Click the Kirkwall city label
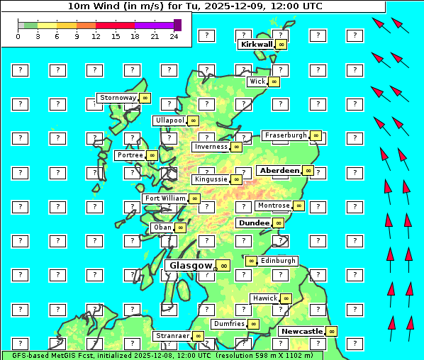pos(256,44)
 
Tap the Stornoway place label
pos(118,97)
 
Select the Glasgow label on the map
pos(191,265)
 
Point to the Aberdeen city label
pos(279,171)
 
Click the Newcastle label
pos(301,331)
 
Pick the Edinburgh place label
pos(278,261)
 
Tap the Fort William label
pos(165,198)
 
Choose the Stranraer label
pos(172,335)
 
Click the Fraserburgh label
pos(286,135)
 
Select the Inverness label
pos(211,147)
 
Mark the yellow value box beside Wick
pos(274,81)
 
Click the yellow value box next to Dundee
pos(278,223)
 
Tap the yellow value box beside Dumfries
pos(253,324)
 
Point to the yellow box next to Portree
pos(152,155)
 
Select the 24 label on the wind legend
pos(174,36)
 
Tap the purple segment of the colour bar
pos(154,25)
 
